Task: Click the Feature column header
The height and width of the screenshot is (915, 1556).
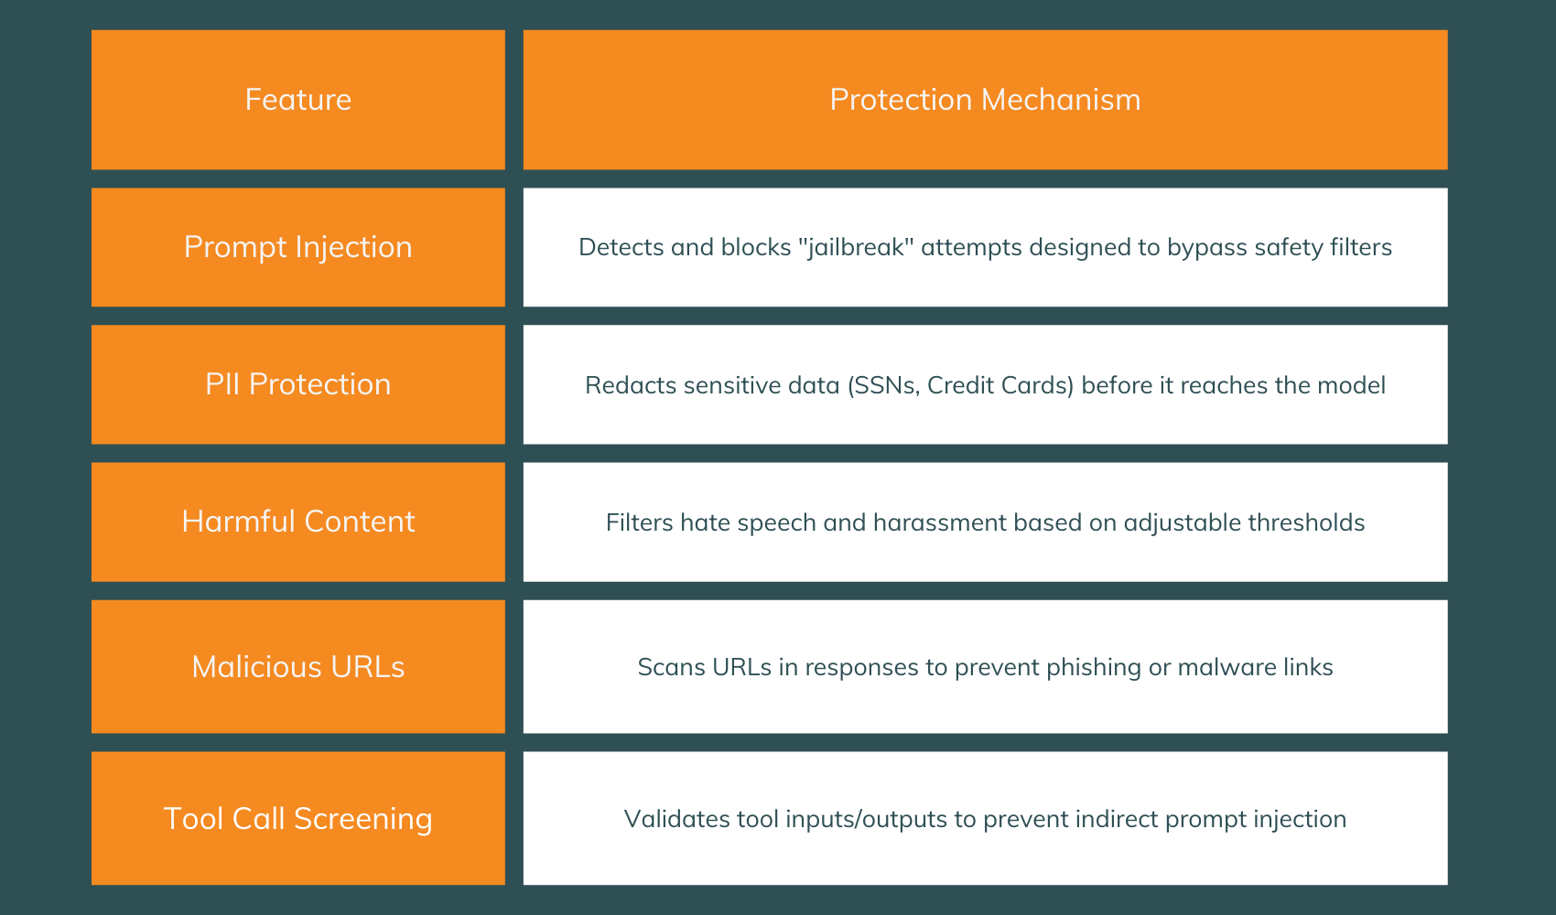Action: [x=297, y=100]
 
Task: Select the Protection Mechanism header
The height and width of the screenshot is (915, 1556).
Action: [x=985, y=100]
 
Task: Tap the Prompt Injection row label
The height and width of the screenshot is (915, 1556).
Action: [x=297, y=247]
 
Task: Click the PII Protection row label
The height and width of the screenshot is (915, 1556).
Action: [x=297, y=384]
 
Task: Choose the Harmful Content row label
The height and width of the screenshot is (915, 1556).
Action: [x=297, y=522]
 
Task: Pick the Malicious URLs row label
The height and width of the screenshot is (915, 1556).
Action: [x=297, y=667]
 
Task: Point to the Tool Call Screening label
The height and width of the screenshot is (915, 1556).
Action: [x=297, y=819]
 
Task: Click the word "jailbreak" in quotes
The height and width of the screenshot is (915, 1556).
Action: [x=856, y=248]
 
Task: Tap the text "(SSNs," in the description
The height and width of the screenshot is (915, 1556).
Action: [x=884, y=385]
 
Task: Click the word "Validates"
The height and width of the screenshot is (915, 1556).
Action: [x=666, y=819]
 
